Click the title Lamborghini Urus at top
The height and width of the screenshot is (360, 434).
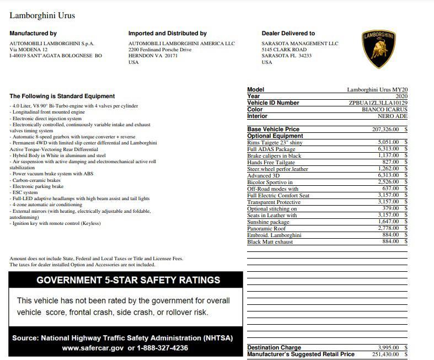[x=42, y=15]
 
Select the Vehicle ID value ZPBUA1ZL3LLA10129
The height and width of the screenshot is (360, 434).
[x=378, y=103]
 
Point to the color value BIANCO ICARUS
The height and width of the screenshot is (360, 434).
[x=384, y=110]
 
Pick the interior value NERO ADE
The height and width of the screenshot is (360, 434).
[x=393, y=116]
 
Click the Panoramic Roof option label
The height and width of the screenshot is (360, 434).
[x=266, y=229]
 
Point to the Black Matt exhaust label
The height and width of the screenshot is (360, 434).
[x=270, y=242]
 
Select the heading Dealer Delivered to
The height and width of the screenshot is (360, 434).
[x=288, y=34]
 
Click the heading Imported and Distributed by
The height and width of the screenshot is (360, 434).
[x=167, y=34]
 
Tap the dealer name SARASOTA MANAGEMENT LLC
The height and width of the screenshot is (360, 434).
[x=299, y=44]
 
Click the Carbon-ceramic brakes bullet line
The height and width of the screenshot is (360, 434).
[x=35, y=180]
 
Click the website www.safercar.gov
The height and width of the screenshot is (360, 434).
[x=93, y=348]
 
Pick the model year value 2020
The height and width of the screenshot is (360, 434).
[x=398, y=96]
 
